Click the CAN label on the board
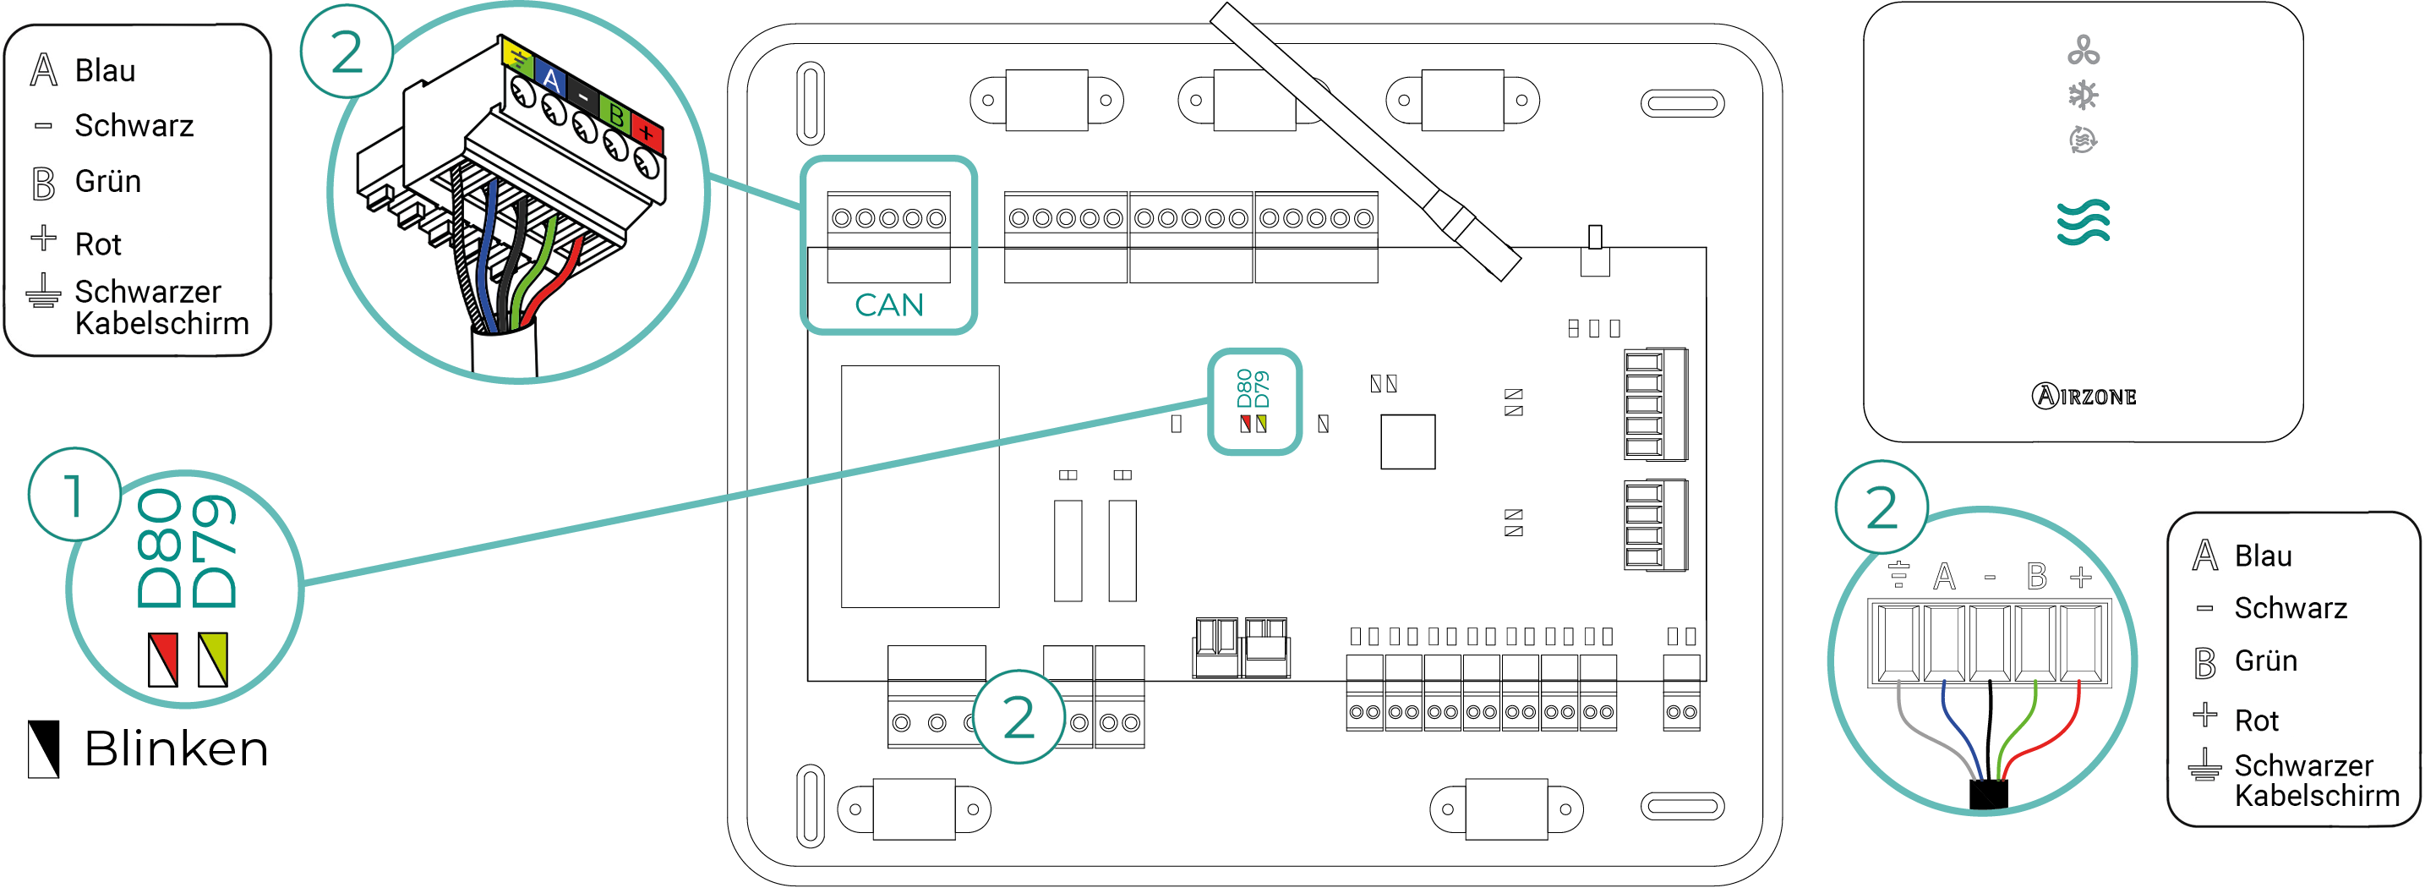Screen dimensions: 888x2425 tap(888, 304)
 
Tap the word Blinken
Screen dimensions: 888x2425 tap(176, 749)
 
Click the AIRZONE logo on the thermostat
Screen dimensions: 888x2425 tap(2083, 396)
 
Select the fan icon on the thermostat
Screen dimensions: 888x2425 tap(2083, 50)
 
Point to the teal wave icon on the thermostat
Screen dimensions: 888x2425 tap(2083, 222)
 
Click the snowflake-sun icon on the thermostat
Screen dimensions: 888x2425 tap(2083, 95)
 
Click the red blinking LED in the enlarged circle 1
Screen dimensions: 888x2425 tap(163, 658)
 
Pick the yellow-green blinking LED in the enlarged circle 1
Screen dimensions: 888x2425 tap(213, 658)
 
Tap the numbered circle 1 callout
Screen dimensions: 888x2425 tap(74, 495)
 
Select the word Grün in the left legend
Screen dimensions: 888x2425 tap(108, 181)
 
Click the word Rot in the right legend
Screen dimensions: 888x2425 tap(2256, 721)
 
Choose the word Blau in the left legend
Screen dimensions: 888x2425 tap(106, 71)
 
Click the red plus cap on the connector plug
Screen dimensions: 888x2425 tap(647, 132)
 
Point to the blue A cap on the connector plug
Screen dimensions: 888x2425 tap(551, 81)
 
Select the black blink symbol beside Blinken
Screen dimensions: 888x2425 tap(43, 748)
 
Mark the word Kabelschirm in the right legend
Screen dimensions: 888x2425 tap(2316, 796)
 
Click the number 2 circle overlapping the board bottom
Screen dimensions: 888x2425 tap(1018, 716)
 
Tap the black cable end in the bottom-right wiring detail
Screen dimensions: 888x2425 tap(1988, 793)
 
